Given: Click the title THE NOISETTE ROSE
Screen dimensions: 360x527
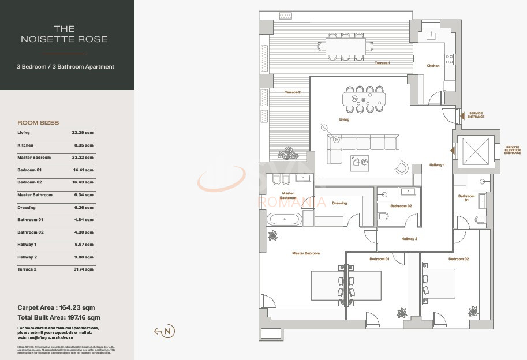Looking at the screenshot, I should coord(64,33).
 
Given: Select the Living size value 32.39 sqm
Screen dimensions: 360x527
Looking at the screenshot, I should coord(82,133).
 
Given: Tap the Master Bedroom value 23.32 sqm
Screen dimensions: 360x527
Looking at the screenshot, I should coord(82,157).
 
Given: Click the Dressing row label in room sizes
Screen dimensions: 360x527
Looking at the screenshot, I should coord(27,208).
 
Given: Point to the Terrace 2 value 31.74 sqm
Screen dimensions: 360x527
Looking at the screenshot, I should coord(82,269).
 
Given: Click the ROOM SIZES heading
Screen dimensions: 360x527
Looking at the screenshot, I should coord(38,123).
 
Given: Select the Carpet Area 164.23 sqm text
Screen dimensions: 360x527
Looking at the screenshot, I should coord(56,308).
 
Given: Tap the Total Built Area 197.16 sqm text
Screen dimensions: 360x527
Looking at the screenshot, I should coord(59,317).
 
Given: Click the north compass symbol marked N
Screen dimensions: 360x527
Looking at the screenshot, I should coord(168,331).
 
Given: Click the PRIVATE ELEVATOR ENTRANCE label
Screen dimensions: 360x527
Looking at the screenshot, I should coord(513,150).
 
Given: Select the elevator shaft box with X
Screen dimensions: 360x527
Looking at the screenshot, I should coord(476,152).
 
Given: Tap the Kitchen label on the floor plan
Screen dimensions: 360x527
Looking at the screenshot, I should coord(433,66).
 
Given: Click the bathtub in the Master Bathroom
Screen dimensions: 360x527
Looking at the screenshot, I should coord(283,219).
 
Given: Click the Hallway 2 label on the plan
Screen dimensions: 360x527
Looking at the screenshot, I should coord(409,239).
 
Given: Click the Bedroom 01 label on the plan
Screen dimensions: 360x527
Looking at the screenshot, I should coord(379,259).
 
